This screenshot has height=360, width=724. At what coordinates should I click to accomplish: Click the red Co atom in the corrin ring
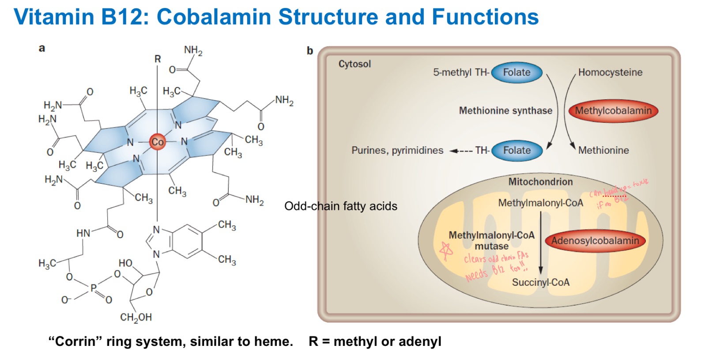click(157, 142)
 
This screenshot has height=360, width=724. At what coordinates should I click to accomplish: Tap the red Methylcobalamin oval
click(613, 111)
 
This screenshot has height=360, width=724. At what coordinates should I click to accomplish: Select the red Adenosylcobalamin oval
click(595, 241)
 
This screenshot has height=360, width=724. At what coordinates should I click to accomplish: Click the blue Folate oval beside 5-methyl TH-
click(517, 72)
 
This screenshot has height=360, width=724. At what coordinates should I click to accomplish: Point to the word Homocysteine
click(610, 72)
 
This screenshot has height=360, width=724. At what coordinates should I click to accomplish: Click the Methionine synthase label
click(505, 110)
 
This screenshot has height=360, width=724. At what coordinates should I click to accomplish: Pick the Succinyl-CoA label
click(540, 282)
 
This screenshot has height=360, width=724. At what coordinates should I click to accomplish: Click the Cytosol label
click(354, 64)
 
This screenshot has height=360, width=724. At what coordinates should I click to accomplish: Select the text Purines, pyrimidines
click(397, 151)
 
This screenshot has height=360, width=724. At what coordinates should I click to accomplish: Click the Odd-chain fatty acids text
click(340, 206)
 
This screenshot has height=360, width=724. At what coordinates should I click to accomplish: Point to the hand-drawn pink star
click(446, 250)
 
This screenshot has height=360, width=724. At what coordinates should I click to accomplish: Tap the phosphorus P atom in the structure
click(93, 288)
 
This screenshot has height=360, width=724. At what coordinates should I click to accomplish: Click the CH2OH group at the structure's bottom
click(136, 318)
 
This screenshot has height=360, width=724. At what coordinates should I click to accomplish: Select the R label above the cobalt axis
click(158, 59)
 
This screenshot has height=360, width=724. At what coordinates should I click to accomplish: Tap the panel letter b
click(310, 51)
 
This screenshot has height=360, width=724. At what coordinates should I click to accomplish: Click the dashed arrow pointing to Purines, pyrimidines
click(461, 151)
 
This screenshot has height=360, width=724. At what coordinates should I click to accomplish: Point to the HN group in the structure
click(83, 233)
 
